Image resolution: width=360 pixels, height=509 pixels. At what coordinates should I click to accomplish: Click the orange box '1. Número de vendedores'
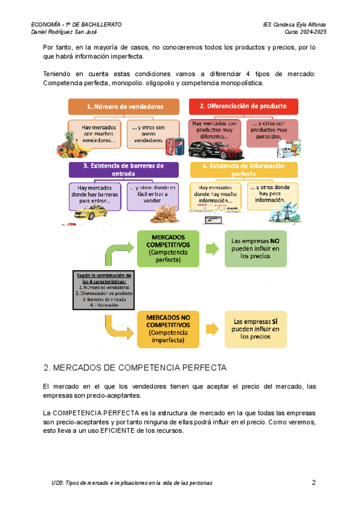tap(124, 106)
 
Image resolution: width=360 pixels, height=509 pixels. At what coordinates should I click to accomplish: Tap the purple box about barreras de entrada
tap(123, 170)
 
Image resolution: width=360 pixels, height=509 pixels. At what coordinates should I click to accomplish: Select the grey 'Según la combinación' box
tap(104, 289)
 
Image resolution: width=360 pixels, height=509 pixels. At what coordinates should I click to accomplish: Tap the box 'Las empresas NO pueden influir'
tap(256, 248)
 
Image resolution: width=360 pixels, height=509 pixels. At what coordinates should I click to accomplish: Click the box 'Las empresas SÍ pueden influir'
tap(256, 329)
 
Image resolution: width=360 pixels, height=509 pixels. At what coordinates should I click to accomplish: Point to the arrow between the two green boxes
tap(211, 248)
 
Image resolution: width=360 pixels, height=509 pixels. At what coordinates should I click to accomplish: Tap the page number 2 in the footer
tap(314, 483)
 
